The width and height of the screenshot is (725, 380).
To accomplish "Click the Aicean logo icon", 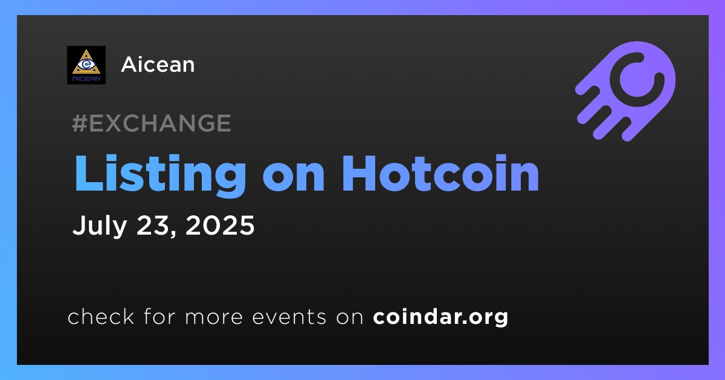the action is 86,65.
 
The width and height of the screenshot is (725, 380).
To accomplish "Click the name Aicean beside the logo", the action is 158,65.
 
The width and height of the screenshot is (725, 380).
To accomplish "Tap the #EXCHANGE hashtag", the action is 152,123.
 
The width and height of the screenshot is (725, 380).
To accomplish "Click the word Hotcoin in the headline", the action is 441,174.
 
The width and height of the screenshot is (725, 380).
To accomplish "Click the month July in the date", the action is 100,226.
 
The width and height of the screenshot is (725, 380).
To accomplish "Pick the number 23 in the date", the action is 153,225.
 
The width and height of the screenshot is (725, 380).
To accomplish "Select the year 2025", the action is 220,225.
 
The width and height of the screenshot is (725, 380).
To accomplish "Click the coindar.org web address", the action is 440,317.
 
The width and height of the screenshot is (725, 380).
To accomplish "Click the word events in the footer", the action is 289,317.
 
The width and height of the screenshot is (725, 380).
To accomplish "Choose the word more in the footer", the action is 214,317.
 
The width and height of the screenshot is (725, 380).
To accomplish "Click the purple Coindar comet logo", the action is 625,91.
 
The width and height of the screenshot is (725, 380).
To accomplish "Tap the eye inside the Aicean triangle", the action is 86,64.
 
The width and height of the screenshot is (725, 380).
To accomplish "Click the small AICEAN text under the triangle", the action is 86,79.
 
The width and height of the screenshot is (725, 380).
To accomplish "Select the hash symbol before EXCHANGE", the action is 79,123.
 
